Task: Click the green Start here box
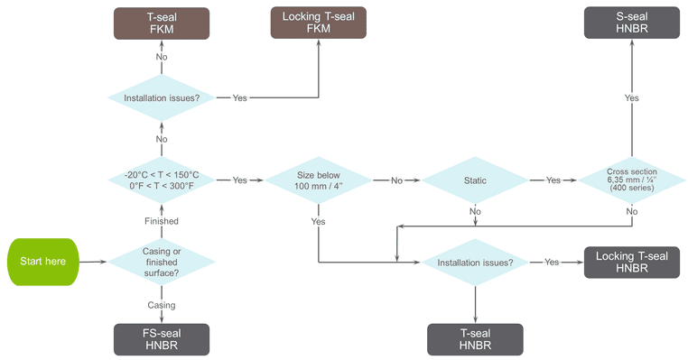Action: point(42,263)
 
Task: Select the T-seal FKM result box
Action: point(162,23)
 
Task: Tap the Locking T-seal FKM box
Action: point(319,23)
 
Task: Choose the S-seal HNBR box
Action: point(632,23)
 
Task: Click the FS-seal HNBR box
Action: point(162,339)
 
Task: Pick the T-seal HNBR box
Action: point(475,339)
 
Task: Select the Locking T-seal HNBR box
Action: point(632,263)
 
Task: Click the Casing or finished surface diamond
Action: point(162,263)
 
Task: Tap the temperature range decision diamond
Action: point(162,180)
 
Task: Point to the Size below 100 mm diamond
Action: point(319,180)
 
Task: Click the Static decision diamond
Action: point(475,180)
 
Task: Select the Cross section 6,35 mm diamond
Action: point(632,180)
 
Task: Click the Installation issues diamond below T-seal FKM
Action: point(162,97)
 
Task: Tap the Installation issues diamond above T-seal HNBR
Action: point(475,263)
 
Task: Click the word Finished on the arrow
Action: point(162,221)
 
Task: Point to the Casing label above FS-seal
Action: point(162,305)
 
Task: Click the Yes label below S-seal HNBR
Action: point(632,97)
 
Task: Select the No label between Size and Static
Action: point(396,180)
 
